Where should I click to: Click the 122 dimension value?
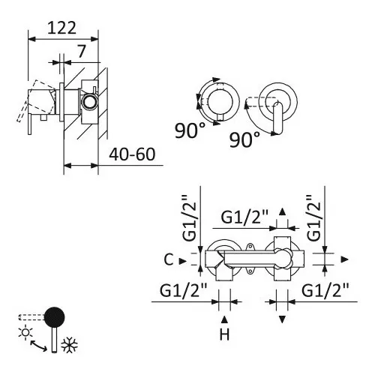pos(61,28)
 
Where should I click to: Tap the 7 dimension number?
pos(81,51)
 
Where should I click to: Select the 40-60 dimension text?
pos(132,154)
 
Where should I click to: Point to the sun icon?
pos(25,332)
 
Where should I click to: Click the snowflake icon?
pos(70,346)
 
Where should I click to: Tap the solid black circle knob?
pos(55,317)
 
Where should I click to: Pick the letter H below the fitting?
pos(224,334)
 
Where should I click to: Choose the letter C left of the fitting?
pos(169,259)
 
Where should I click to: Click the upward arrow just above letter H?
pos(224,319)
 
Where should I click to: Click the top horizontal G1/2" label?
pos(244,217)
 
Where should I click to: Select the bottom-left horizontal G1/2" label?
pos(183,290)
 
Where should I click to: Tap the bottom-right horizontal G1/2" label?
pos(325,290)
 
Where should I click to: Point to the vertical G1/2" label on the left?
pos(189,218)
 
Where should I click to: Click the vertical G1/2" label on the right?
pos(313,218)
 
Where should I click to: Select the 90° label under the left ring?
pos(190,130)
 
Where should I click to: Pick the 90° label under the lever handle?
pos(244,139)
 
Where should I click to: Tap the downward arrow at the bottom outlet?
pos(282,319)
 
